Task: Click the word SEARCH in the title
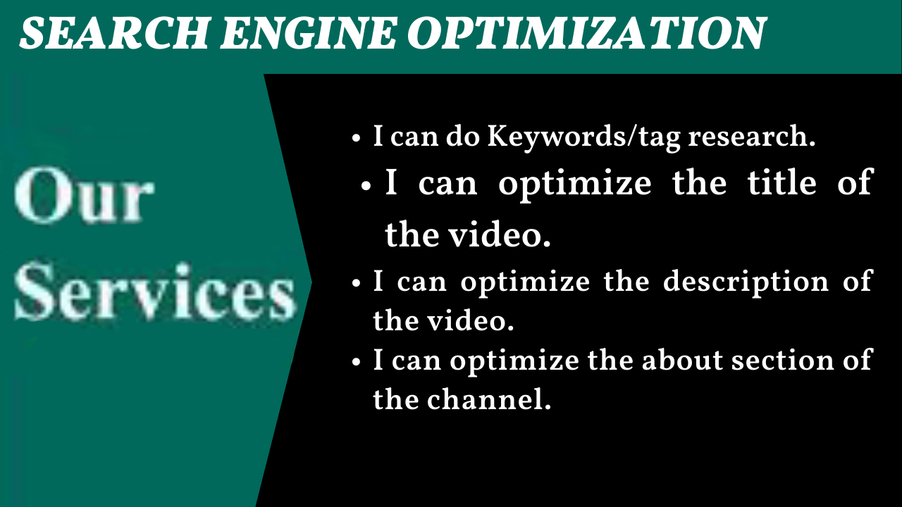point(115,33)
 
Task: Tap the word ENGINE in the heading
point(309,33)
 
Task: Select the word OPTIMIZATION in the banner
point(586,33)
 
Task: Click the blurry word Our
point(84,195)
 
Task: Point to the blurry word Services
point(155,291)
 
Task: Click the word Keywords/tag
point(584,137)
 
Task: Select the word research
point(751,137)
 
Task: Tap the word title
point(781,183)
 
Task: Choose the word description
point(746,282)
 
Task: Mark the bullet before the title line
point(366,186)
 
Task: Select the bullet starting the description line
point(356,283)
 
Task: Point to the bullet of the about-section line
point(356,362)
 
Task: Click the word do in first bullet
point(463,137)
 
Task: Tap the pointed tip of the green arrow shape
point(311,283)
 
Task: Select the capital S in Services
point(34,291)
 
